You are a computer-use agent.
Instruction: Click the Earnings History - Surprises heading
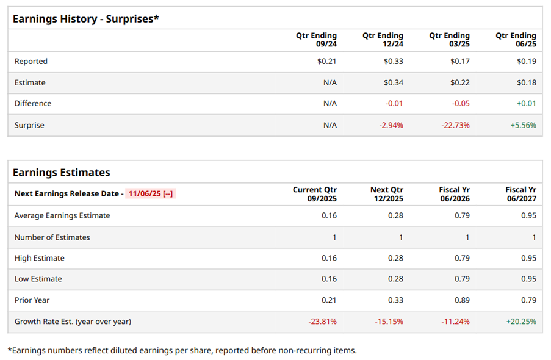tap(85, 19)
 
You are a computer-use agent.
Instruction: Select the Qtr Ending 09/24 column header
tap(316, 40)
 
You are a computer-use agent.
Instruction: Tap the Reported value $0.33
tap(393, 61)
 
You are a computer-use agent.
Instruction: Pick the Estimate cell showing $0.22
tap(460, 82)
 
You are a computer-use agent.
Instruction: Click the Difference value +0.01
tap(526, 103)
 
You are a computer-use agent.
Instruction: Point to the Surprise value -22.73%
tap(455, 125)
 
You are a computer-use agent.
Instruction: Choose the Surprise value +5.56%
tap(524, 125)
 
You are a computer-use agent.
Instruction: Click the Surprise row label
tap(29, 125)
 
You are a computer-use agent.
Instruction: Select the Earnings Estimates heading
tap(62, 173)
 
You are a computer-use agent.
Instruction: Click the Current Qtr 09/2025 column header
tap(315, 194)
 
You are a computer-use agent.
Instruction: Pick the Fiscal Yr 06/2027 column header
tap(520, 194)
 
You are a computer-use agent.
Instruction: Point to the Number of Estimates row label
tap(52, 237)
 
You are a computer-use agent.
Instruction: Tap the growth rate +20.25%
tap(521, 321)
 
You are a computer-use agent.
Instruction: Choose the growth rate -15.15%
tap(389, 321)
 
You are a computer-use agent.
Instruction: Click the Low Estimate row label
tap(38, 279)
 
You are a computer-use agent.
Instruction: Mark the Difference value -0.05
tap(461, 103)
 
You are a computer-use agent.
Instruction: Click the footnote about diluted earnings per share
tap(182, 350)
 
